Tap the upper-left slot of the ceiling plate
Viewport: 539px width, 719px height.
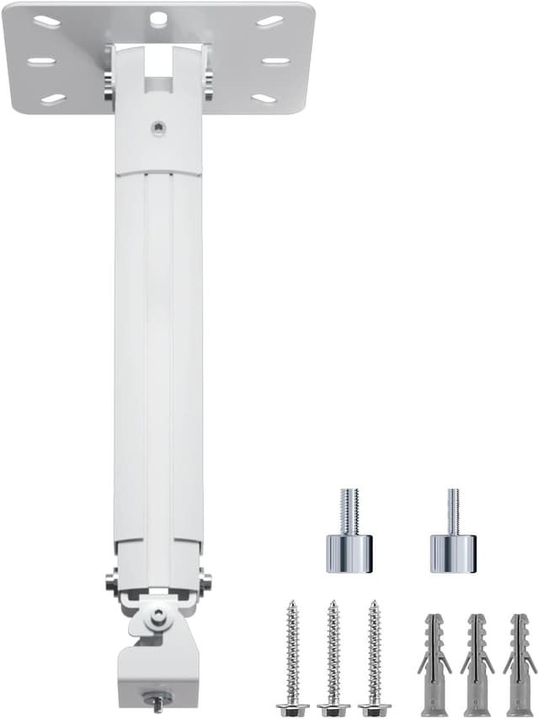48,22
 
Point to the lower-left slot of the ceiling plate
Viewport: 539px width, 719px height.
53,99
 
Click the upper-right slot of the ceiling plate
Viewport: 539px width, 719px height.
269,21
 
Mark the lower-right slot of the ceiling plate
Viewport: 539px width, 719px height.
264,98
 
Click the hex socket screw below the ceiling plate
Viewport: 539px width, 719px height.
158,128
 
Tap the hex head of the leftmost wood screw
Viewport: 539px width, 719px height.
293,709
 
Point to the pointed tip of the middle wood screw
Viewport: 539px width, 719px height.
333,603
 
